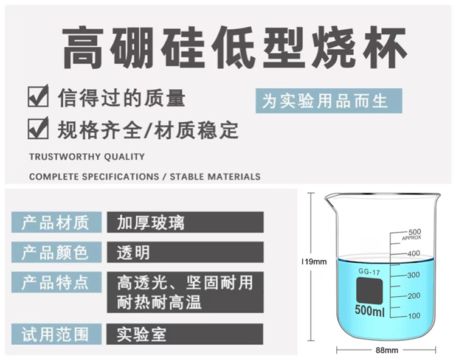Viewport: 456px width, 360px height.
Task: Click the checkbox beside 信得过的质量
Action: [38, 96]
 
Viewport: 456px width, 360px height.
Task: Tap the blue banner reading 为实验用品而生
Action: [328, 100]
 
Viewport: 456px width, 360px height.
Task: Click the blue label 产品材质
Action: [57, 222]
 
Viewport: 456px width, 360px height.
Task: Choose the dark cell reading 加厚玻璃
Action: [185, 222]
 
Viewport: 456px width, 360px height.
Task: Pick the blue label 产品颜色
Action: [57, 252]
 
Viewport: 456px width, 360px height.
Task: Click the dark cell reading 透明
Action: [185, 252]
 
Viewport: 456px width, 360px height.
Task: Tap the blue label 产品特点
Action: [57, 282]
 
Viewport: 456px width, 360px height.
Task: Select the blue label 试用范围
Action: [57, 334]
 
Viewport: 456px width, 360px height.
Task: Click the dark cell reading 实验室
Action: [185, 334]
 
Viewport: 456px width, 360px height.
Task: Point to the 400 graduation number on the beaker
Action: [413, 253]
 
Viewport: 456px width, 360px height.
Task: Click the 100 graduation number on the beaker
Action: [414, 316]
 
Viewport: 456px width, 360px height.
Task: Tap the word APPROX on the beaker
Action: [412, 238]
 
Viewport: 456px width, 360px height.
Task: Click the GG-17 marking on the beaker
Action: [369, 272]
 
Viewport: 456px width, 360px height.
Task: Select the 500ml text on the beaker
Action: [370, 310]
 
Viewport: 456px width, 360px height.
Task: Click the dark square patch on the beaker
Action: [369, 291]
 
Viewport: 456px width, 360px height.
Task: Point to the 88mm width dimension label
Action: [387, 350]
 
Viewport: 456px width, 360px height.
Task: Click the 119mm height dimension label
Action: [314, 261]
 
